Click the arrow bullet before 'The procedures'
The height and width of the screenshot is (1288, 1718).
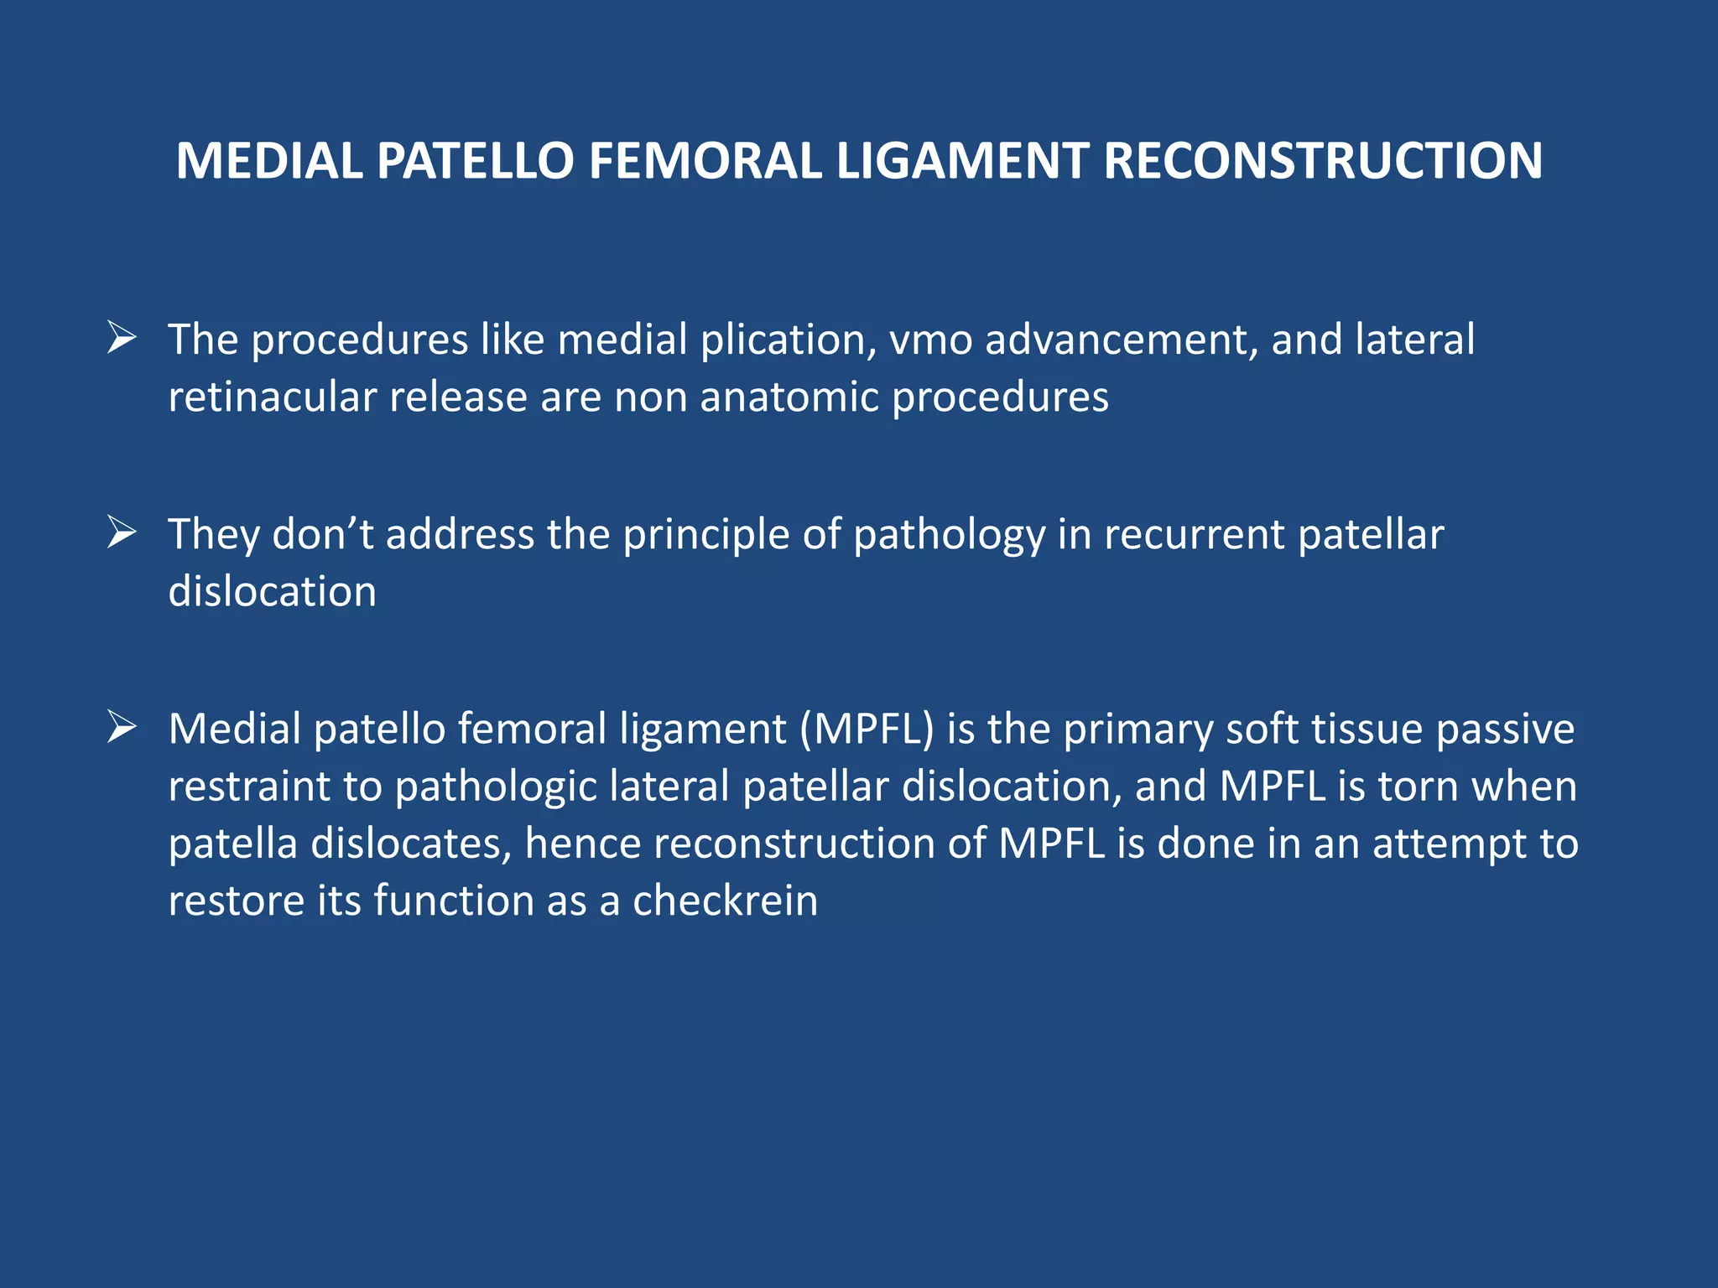pyautogui.click(x=122, y=339)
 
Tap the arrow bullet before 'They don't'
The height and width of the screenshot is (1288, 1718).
pyautogui.click(x=122, y=533)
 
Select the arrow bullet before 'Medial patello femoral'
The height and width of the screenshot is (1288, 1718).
pyautogui.click(x=122, y=728)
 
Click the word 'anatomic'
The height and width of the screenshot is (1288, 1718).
pyautogui.click(x=789, y=397)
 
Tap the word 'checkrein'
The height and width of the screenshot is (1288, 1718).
pyautogui.click(x=725, y=901)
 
